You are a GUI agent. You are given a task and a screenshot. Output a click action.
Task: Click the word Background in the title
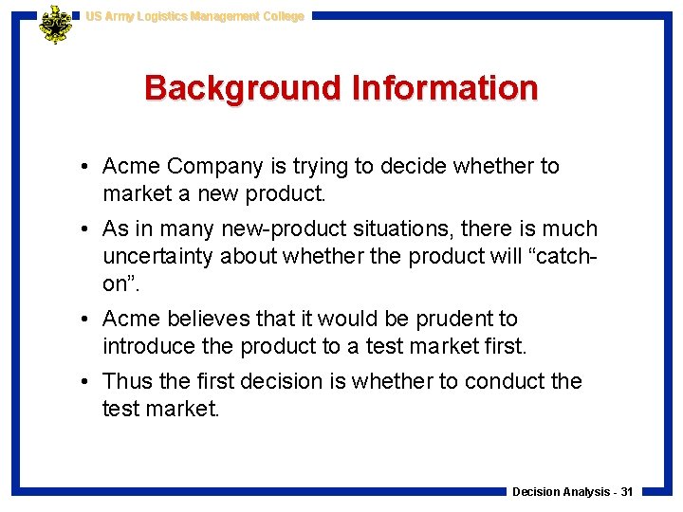click(x=243, y=88)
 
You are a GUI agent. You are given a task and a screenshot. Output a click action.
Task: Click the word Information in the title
click(x=445, y=88)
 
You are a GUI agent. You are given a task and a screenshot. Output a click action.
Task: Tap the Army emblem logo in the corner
click(x=55, y=24)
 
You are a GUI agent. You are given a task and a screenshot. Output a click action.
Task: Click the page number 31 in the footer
click(x=627, y=492)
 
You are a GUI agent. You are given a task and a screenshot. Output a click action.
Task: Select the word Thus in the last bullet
click(x=127, y=382)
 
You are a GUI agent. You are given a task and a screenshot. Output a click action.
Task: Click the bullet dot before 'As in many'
click(x=85, y=229)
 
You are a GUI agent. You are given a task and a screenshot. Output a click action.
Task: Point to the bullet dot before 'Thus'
click(x=85, y=382)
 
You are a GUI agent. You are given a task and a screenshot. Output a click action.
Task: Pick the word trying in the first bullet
click(x=316, y=167)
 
